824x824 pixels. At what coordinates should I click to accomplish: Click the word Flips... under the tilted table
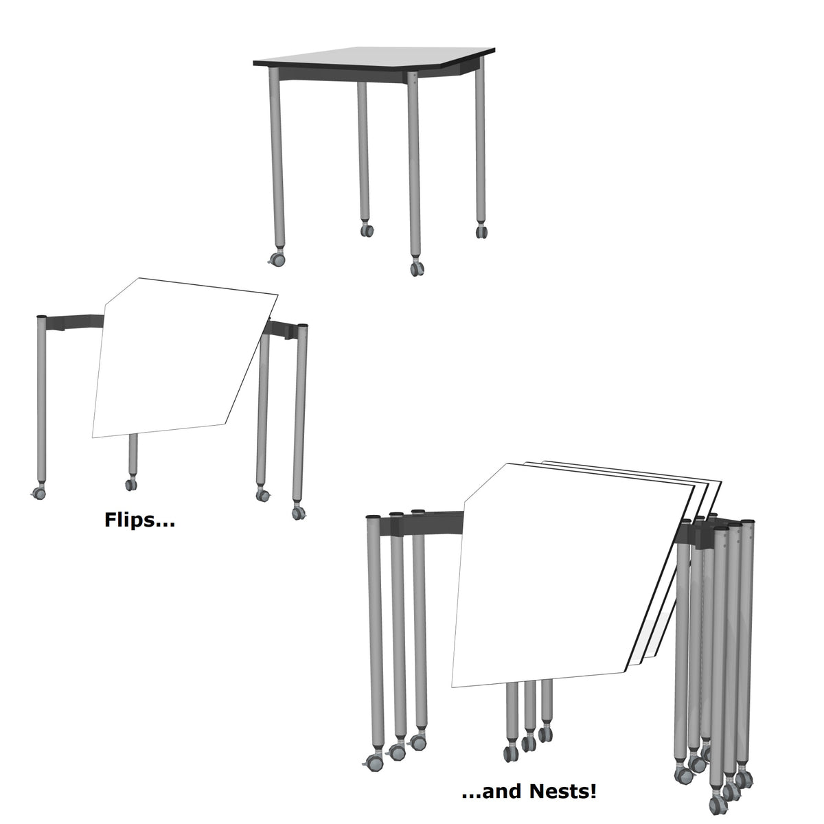click(139, 520)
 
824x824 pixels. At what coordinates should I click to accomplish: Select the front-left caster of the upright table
click(277, 260)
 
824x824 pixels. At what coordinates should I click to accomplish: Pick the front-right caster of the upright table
click(416, 268)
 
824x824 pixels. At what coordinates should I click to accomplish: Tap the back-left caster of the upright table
click(367, 230)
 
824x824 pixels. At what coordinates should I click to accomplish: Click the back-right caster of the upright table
click(481, 231)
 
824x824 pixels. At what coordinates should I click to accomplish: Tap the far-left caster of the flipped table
click(38, 492)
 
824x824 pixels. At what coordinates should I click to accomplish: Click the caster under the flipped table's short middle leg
click(130, 485)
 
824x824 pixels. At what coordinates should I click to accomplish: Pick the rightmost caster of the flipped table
click(297, 512)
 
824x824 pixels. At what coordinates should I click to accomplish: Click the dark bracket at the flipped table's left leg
click(76, 321)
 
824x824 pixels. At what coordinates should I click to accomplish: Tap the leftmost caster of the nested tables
click(374, 760)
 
